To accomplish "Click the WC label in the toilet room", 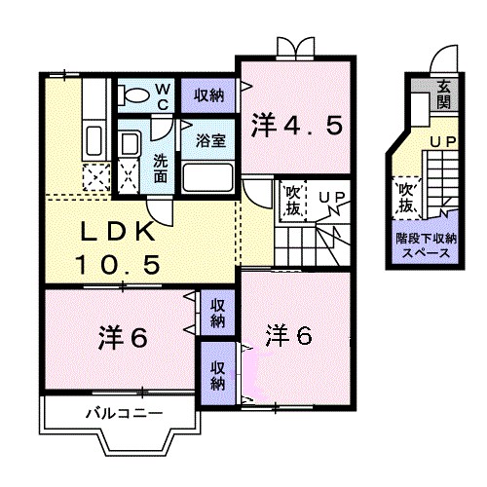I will pos(163,95).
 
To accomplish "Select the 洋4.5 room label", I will pos(297,127).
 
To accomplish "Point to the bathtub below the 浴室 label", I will pos(206,177).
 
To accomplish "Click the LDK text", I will pos(117,234).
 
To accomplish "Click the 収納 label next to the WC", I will pos(207,94).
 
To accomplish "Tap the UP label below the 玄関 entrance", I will pos(444,142).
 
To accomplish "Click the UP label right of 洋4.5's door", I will pos(331,199).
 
